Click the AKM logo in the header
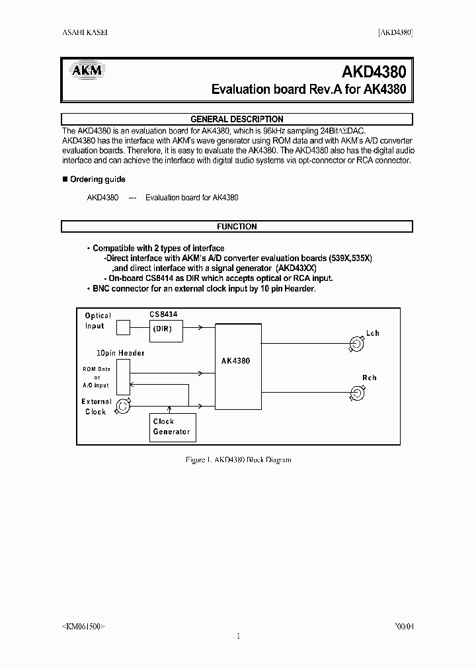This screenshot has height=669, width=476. (85, 70)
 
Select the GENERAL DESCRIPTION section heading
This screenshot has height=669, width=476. (237, 119)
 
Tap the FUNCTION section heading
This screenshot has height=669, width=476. (237, 226)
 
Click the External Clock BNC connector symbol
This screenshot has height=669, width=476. (122, 407)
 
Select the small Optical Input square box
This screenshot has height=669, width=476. (123, 327)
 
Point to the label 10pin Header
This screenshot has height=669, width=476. (120, 353)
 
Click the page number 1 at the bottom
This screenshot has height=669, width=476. (237, 636)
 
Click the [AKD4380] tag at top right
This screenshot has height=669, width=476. (395, 33)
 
